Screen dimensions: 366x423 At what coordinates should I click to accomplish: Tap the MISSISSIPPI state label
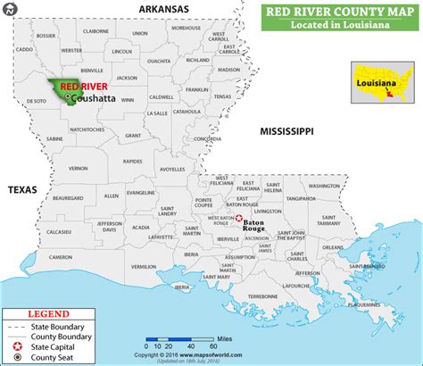click(x=286, y=131)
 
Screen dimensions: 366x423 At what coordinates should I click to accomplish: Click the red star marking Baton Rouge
click(x=237, y=218)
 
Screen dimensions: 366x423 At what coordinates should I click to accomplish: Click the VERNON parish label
click(x=79, y=167)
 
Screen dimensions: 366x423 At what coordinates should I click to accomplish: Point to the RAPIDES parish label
click(x=133, y=162)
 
